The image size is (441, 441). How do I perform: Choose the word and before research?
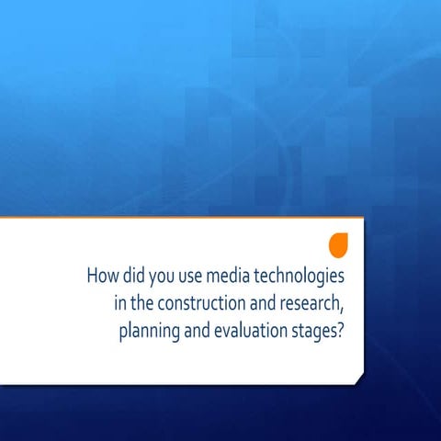tap(262, 303)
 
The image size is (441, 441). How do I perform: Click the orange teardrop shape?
tap(339, 244)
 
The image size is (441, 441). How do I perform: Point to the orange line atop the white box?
tap(184, 218)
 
